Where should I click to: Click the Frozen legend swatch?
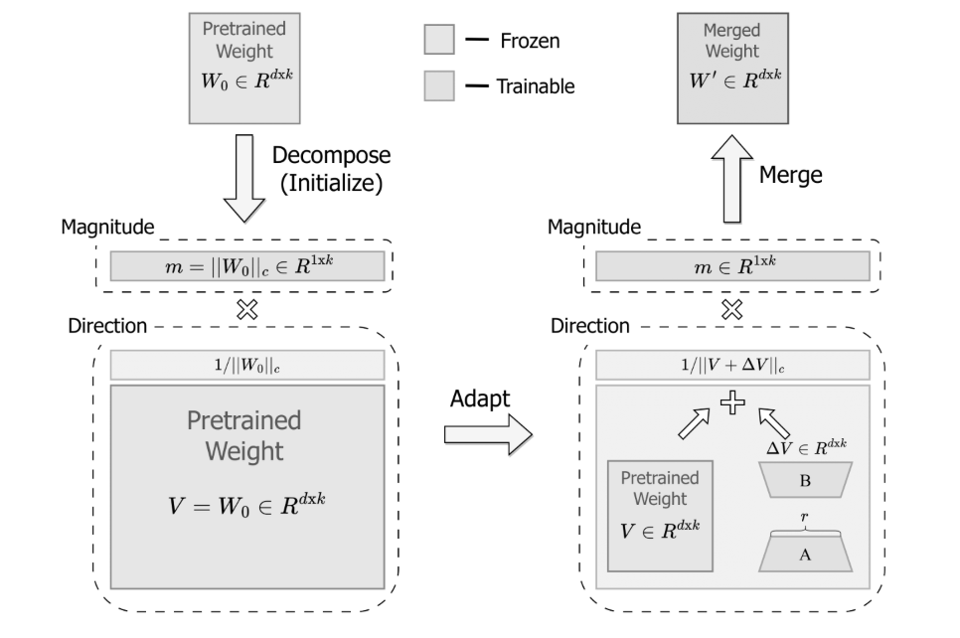[439, 41]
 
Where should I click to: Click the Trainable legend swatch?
[439, 85]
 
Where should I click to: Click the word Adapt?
[481, 398]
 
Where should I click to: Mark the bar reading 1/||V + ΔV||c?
[732, 365]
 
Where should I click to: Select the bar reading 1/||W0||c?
[245, 365]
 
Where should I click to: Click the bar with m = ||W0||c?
[245, 265]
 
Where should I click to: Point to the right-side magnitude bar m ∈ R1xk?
[732, 265]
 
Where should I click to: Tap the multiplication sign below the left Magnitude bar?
[245, 308]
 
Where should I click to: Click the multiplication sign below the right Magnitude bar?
[732, 308]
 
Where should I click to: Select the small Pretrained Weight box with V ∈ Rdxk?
[660, 516]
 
